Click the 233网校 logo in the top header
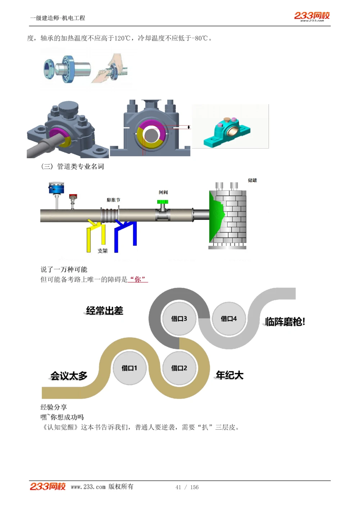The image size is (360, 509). [x=312, y=16]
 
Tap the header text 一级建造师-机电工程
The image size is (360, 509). [x=58, y=18]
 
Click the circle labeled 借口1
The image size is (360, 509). [x=129, y=368]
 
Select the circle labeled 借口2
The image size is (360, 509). [x=179, y=368]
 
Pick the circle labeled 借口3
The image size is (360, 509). [x=179, y=318]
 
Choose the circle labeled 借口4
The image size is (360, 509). [x=229, y=318]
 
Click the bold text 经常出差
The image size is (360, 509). [x=104, y=310]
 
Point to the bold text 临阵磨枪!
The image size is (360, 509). [x=285, y=321]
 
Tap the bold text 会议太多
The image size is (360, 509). [x=69, y=376]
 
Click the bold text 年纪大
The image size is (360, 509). [x=230, y=375]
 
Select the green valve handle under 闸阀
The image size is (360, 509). [x=163, y=202]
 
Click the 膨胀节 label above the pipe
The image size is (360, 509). [x=113, y=200]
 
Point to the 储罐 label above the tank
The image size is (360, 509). [x=252, y=180]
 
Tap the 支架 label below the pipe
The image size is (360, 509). [x=103, y=251]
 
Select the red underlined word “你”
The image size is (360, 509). [x=138, y=280]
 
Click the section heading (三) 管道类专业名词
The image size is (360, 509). [x=73, y=166]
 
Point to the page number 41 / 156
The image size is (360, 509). [x=187, y=487]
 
